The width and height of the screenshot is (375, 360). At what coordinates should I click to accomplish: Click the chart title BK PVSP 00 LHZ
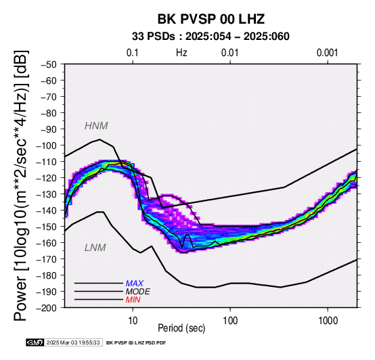tap(211, 19)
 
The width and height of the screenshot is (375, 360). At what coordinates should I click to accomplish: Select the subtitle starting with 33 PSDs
tap(211, 37)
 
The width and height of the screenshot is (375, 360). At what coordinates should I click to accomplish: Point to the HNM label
tap(96, 126)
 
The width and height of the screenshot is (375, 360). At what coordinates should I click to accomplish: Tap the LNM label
tap(95, 248)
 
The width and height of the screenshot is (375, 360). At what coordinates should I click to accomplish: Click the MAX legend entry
tap(135, 284)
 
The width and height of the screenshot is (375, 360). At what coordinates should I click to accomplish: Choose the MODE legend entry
tap(138, 292)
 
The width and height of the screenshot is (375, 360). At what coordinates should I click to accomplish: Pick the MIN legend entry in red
tap(133, 300)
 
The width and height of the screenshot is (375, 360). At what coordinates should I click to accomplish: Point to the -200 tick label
tap(47, 308)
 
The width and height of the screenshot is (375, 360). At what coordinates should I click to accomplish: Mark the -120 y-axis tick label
tap(47, 178)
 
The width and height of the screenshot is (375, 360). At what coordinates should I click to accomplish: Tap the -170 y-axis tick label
tap(47, 259)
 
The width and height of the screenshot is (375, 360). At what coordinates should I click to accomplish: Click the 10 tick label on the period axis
tap(133, 321)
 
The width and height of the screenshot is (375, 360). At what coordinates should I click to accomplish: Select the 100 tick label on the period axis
tap(230, 321)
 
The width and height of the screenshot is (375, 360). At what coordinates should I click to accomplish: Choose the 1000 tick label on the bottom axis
tap(328, 321)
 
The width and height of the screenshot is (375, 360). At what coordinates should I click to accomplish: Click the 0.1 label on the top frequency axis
tap(133, 53)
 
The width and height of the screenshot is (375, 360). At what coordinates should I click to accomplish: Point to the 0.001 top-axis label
tap(328, 53)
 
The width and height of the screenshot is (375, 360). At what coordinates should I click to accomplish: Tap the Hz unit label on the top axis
tap(181, 53)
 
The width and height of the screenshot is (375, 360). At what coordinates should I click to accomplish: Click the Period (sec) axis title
tap(181, 328)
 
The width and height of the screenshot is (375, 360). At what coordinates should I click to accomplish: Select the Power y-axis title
tap(21, 185)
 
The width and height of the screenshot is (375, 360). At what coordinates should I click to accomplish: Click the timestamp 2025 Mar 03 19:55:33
tap(73, 343)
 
